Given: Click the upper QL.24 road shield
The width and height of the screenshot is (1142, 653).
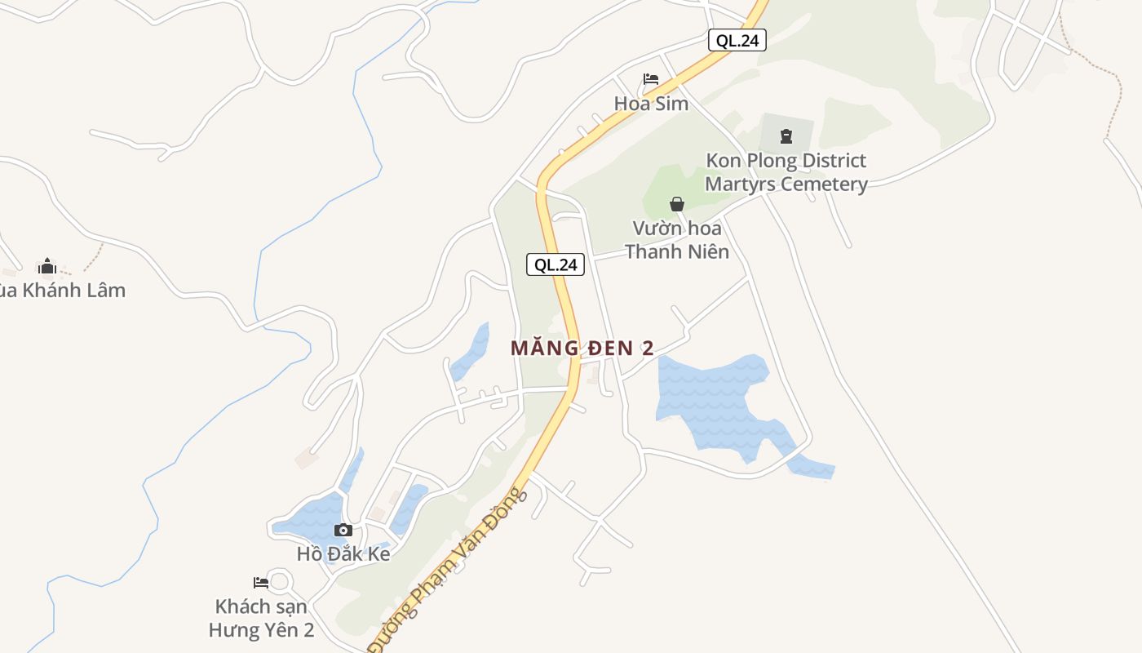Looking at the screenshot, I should point(737,40).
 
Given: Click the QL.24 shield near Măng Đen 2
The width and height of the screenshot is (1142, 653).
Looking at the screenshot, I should point(556,264).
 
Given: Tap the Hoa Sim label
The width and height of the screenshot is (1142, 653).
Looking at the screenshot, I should point(651,104).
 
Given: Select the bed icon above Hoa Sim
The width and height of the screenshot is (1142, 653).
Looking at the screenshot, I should point(650,80).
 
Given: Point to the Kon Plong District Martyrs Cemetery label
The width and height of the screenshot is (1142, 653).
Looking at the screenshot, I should point(786,172).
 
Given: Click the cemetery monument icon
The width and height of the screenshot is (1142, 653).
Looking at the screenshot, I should point(786,136).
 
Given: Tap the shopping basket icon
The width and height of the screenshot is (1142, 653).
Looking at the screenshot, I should point(677,204).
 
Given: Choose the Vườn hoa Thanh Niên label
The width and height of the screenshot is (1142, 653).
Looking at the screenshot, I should point(676,240).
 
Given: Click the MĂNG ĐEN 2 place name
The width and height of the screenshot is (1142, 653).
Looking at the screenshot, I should point(582,348).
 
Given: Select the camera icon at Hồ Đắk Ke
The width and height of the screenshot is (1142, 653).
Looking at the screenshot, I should point(343,531).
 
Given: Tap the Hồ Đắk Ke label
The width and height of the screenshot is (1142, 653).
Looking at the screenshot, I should point(343,554).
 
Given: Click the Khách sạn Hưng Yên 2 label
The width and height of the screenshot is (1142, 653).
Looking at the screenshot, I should point(261,618).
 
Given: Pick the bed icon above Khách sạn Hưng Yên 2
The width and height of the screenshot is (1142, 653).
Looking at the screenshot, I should point(261,583).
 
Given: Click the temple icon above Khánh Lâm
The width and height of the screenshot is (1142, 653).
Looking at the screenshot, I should point(47,266).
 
